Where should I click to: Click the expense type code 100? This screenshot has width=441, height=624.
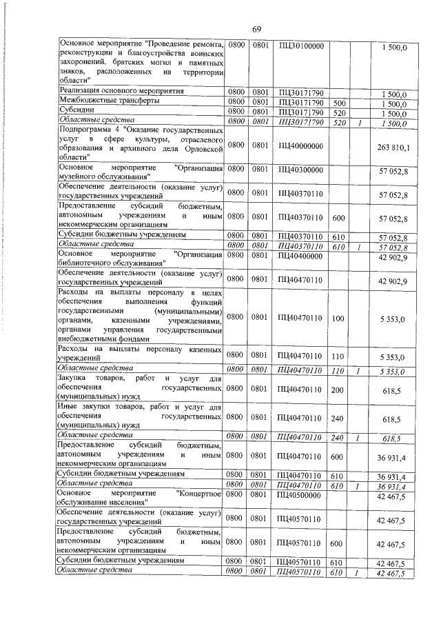(338, 319)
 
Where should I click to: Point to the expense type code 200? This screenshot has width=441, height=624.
(338, 390)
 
